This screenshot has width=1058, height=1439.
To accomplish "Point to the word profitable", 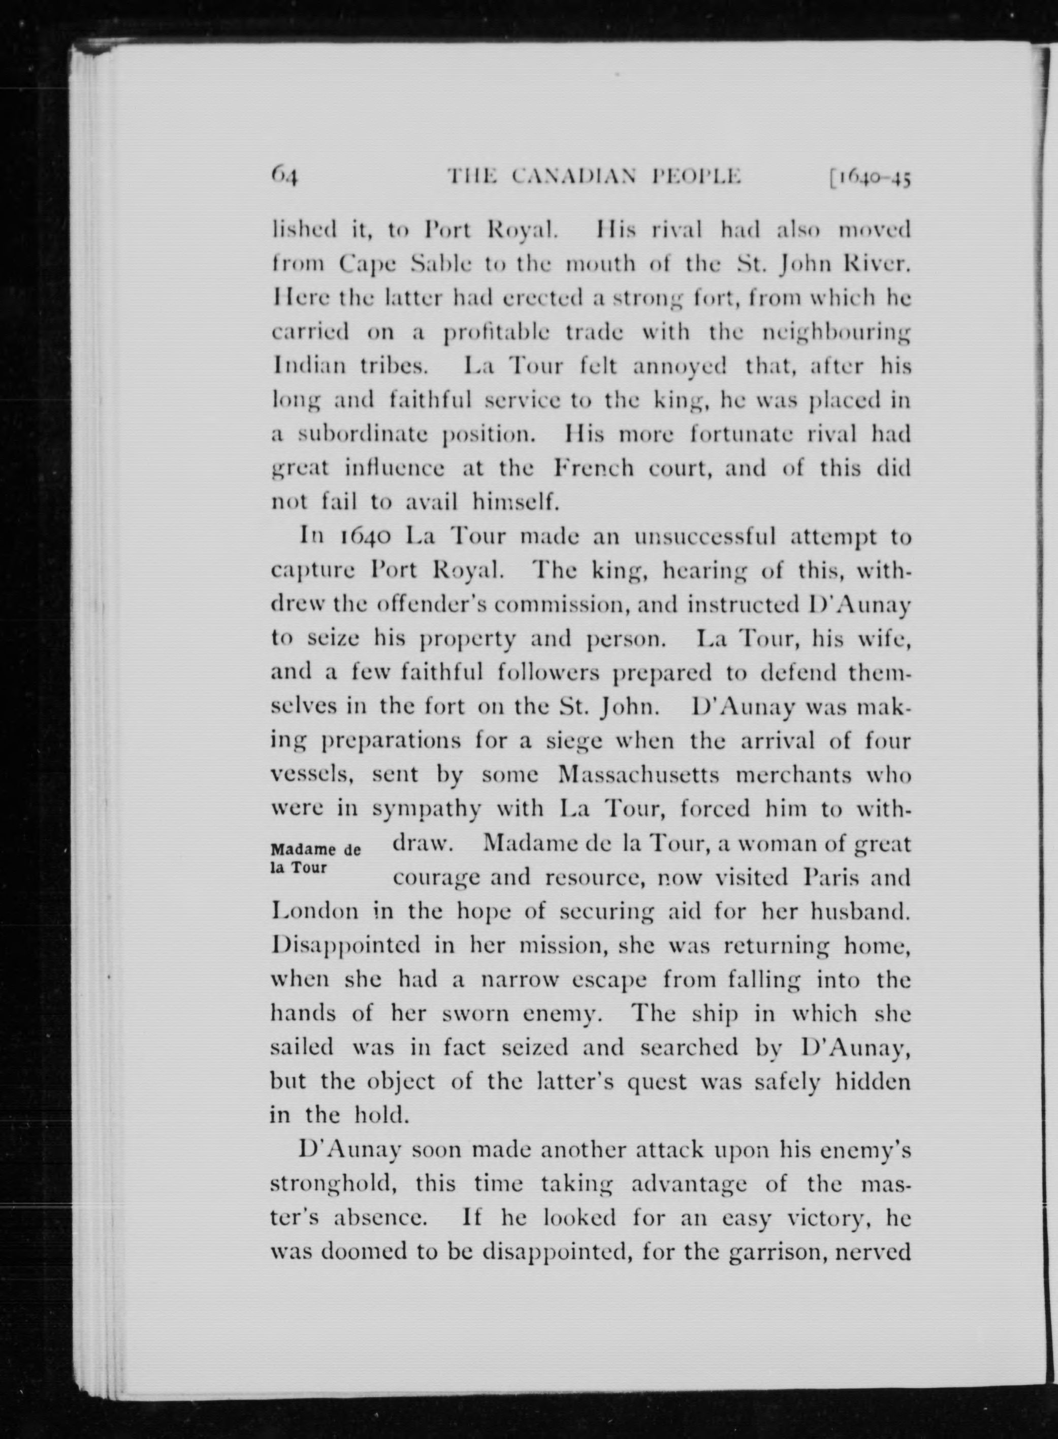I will coord(497,333).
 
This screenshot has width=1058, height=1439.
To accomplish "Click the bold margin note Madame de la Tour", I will coord(315,859).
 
